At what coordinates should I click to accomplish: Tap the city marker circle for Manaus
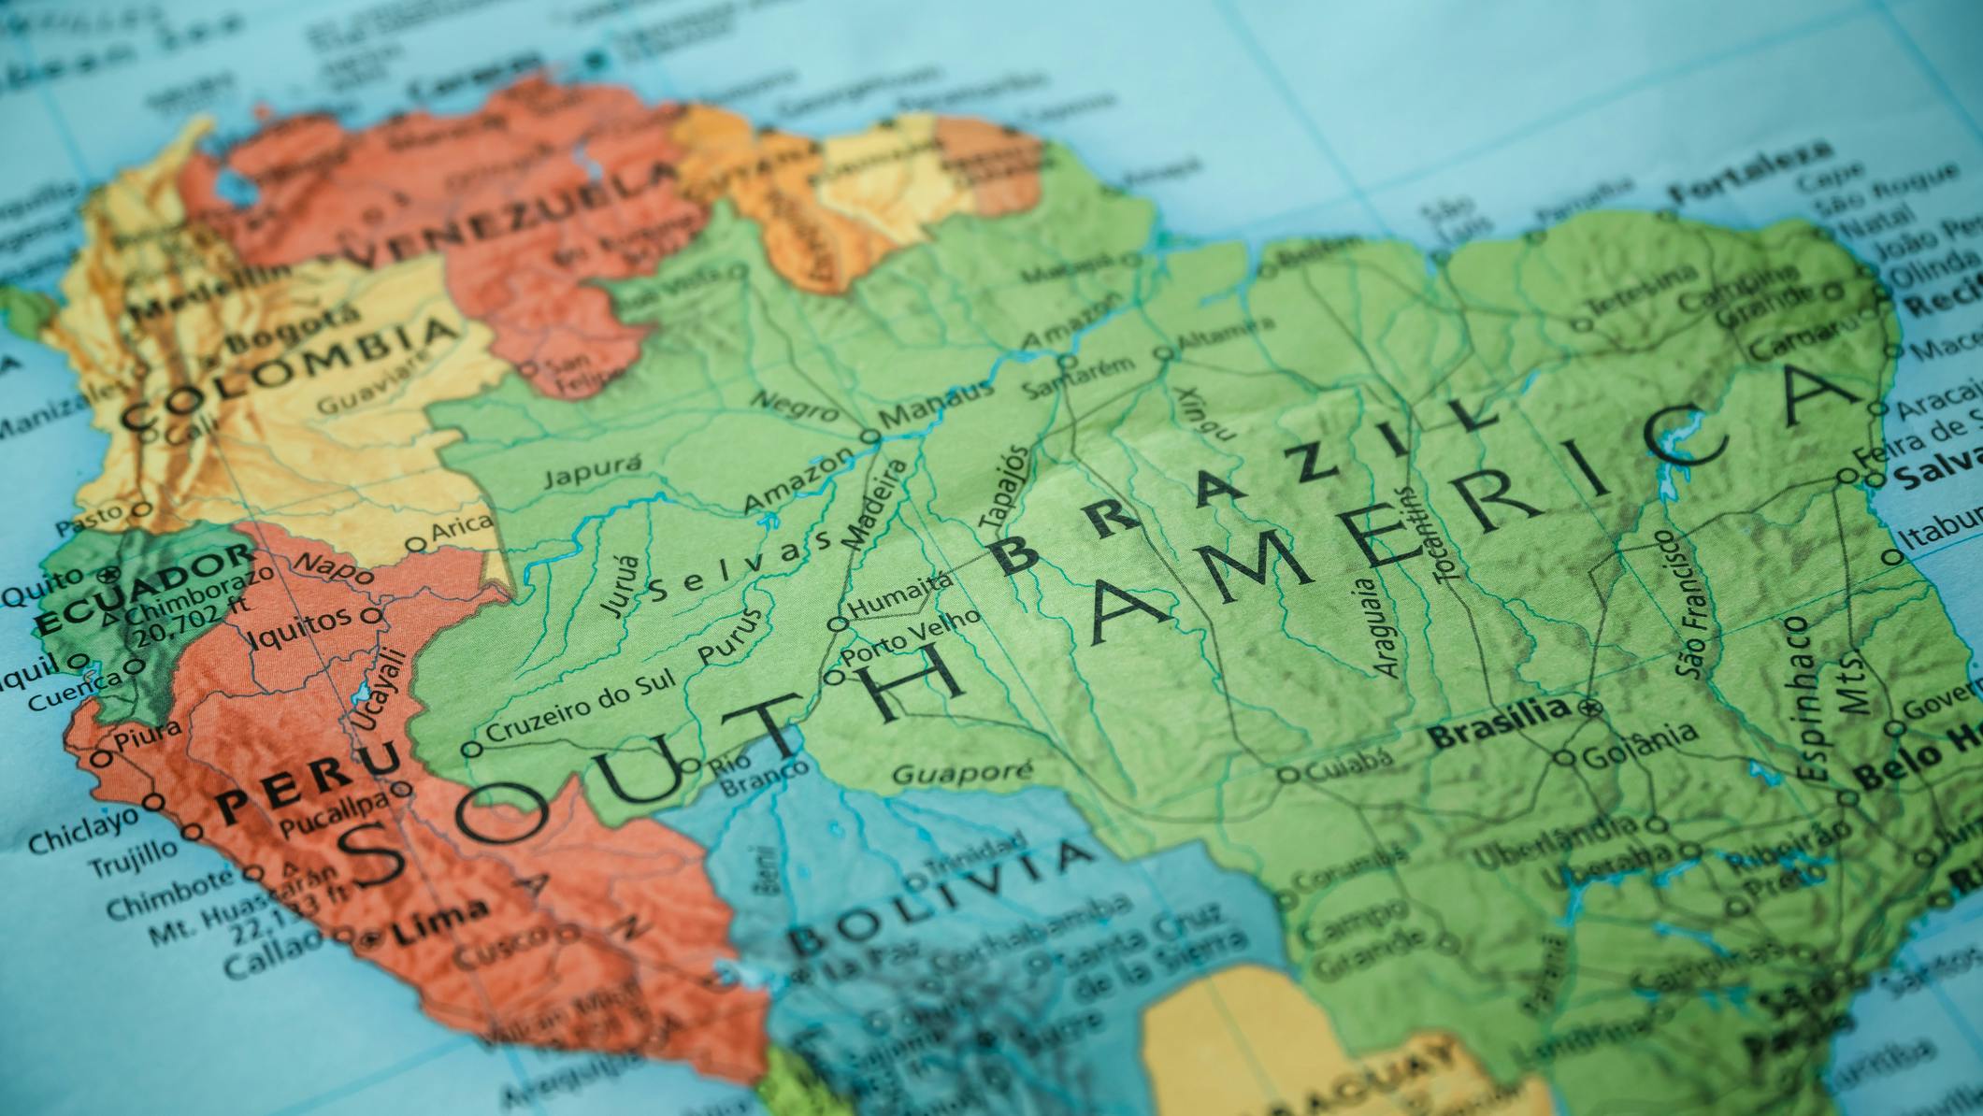pyautogui.click(x=869, y=436)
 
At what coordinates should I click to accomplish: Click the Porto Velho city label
pyautogui.click(x=912, y=639)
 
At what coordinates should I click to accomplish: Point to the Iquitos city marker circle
pyautogui.click(x=371, y=616)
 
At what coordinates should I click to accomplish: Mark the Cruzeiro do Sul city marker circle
pyautogui.click(x=472, y=749)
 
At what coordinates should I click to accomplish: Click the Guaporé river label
pyautogui.click(x=962, y=772)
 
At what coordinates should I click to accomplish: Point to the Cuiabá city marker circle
pyautogui.click(x=1288, y=774)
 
